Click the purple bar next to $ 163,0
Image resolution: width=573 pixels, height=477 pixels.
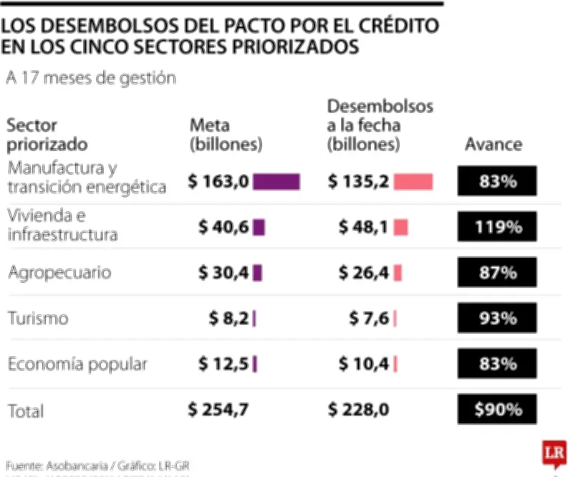(276, 182)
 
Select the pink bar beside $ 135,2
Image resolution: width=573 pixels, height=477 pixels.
(413, 182)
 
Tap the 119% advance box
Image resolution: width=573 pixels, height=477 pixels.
(497, 228)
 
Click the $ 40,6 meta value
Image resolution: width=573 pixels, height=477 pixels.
(223, 228)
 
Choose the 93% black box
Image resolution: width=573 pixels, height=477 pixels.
(497, 318)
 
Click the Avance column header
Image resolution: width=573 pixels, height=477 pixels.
(493, 144)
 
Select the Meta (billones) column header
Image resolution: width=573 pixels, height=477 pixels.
(226, 135)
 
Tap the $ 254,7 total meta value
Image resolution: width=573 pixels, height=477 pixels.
(218, 410)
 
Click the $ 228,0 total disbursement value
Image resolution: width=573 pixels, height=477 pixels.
(359, 410)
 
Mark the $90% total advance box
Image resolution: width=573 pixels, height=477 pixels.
(497, 410)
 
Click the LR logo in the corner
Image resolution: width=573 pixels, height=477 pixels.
(553, 453)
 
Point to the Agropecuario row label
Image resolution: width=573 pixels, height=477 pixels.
(59, 273)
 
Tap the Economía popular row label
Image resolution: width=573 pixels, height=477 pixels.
(77, 364)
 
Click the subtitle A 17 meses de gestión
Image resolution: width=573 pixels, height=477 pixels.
(90, 78)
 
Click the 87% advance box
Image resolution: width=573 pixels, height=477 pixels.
(497, 273)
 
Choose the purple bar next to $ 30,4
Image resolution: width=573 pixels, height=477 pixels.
(258, 273)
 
